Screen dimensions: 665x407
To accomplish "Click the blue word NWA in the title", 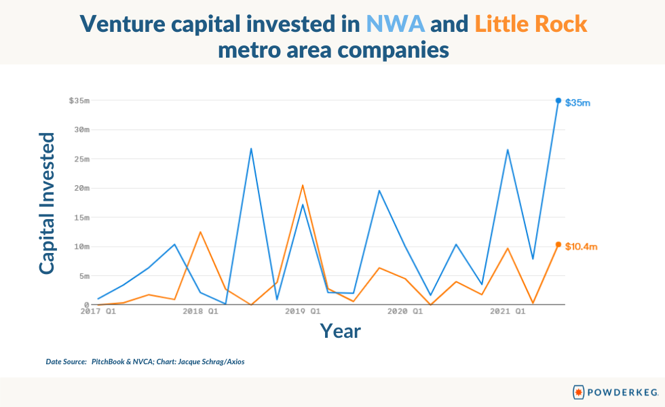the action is (395, 24).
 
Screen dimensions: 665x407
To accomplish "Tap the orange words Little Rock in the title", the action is (531, 24).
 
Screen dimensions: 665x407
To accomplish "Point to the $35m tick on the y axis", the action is (80, 100).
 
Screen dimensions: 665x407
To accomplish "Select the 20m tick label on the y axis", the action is (82, 189).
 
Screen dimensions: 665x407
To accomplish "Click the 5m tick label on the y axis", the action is (85, 276).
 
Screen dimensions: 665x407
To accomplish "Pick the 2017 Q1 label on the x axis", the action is (98, 311).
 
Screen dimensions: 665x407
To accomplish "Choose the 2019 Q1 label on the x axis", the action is (303, 311).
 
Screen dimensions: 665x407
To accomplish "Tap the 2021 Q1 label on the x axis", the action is (508, 311).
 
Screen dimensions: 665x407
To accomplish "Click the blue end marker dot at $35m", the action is (558, 100).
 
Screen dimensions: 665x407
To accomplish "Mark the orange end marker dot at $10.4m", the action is (558, 245).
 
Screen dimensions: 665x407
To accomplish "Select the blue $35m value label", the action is (577, 103).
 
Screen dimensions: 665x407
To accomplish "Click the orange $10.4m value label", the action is (581, 247).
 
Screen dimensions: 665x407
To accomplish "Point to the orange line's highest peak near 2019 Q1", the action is (303, 185).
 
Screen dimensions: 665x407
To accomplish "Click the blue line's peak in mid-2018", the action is (251, 149).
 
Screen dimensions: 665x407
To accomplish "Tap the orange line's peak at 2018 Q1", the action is (200, 232).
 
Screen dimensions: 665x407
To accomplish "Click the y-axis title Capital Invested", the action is (47, 203).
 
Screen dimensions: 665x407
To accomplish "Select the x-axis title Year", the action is (340, 331).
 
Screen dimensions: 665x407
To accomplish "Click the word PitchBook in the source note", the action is (108, 362).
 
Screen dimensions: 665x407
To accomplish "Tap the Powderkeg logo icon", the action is (578, 392).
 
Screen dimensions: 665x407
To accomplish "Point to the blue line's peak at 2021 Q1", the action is (508, 150).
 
